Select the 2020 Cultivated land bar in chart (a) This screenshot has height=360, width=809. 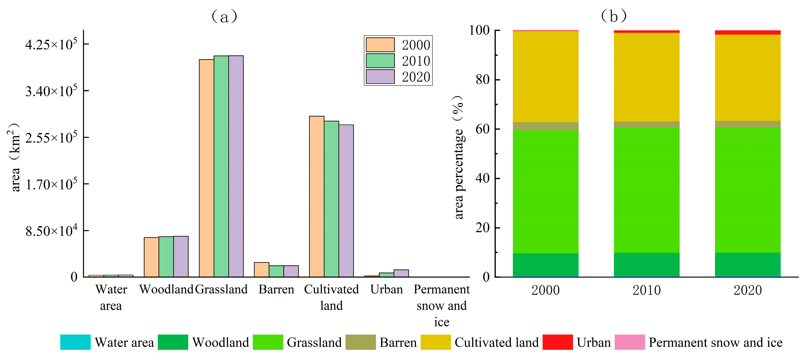(346, 201)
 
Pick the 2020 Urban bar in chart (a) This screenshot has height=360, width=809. (401, 273)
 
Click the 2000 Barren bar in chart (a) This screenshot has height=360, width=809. (261, 270)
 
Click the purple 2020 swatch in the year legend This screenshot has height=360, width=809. (380, 77)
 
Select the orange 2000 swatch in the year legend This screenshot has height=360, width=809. (380, 45)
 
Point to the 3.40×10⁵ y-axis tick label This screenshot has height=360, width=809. (51, 91)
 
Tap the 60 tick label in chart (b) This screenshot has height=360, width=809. (482, 129)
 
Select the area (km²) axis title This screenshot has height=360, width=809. (14, 157)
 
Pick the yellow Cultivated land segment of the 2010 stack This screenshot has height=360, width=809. (646, 77)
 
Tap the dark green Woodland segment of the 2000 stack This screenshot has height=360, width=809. (546, 264)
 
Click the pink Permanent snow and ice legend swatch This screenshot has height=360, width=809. (629, 342)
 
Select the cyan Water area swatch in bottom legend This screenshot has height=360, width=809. (75, 342)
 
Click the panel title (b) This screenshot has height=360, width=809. (613, 16)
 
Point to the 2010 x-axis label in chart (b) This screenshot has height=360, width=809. (646, 290)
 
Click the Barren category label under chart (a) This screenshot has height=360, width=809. (276, 289)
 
